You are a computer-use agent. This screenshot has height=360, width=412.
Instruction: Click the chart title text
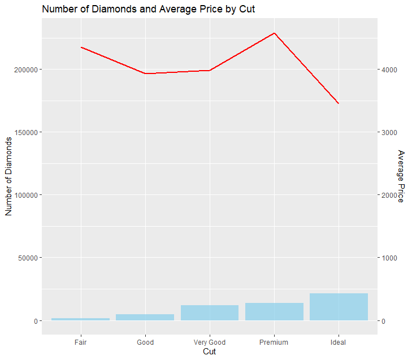coord(148,9)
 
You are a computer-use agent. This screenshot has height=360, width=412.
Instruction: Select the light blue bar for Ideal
coord(339,307)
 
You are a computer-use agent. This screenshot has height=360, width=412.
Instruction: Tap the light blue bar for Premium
coord(274,311)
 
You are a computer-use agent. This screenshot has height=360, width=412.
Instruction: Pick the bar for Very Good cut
coord(210,313)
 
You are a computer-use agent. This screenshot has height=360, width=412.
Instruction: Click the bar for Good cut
coord(145,317)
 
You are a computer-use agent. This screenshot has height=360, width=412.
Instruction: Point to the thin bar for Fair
coord(81,319)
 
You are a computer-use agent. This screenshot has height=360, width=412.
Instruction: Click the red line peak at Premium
coord(274,33)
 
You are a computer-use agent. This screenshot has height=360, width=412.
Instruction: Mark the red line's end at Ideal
coord(339,103)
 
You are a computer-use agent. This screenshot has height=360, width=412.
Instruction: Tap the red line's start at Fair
coord(81,47)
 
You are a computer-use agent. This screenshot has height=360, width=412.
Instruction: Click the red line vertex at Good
coord(145,73)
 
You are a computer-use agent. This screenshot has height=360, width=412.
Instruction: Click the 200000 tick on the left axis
coord(26,70)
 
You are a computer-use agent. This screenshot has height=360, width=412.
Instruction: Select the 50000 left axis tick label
coord(28,258)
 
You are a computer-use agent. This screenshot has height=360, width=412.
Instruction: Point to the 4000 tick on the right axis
coord(389,70)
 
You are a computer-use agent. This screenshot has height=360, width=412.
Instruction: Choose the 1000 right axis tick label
coord(389,258)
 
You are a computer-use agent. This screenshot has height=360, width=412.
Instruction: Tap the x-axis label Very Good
coord(210,342)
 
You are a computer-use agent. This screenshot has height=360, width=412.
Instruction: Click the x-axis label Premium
coord(274,342)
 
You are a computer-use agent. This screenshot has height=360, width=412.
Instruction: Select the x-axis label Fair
coord(80,342)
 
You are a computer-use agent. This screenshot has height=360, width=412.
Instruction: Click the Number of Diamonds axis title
coord(8,176)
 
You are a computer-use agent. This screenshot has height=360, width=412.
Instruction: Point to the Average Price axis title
coord(401,176)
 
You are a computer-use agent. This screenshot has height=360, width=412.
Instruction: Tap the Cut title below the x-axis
coord(210,352)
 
